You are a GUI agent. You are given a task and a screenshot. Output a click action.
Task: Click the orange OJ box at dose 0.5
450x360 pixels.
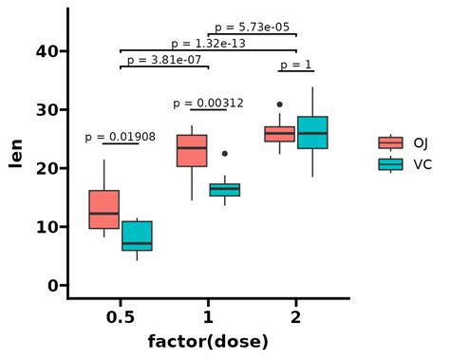pyautogui.click(x=103, y=209)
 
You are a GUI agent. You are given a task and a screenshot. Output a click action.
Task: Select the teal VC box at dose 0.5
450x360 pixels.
pyautogui.click(x=137, y=236)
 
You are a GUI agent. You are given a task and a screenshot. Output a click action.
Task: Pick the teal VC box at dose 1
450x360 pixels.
pyautogui.click(x=225, y=190)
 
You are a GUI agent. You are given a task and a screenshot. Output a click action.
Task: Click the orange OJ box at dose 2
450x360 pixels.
pyautogui.click(x=279, y=133)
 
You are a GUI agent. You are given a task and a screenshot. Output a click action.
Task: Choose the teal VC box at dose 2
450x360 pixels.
pyautogui.click(x=312, y=132)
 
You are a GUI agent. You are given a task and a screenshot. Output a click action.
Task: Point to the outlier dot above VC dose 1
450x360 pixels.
pyautogui.click(x=225, y=153)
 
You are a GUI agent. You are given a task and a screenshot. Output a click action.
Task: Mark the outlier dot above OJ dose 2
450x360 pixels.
pyautogui.click(x=279, y=104)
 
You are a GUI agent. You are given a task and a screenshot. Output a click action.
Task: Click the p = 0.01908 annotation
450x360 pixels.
pyautogui.click(x=120, y=137)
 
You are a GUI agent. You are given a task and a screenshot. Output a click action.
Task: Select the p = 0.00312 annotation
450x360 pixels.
pyautogui.click(x=208, y=103)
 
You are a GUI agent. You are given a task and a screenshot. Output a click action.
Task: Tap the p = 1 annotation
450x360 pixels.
pyautogui.click(x=295, y=65)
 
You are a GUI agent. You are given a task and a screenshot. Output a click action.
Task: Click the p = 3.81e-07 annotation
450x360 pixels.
pyautogui.click(x=164, y=60)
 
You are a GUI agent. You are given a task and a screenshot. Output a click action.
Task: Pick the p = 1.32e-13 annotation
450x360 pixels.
pyautogui.click(x=208, y=44)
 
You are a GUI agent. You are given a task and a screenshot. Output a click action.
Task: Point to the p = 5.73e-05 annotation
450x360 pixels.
pyautogui.click(x=252, y=28)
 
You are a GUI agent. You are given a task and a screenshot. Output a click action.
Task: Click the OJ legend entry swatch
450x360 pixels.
pyautogui.click(x=390, y=143)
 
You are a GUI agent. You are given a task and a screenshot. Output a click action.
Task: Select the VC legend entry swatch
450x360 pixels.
pyautogui.click(x=390, y=164)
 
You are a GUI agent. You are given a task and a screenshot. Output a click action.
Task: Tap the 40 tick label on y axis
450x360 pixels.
pyautogui.click(x=46, y=51)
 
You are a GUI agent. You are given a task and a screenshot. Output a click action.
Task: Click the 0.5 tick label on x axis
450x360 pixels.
pyautogui.click(x=120, y=316)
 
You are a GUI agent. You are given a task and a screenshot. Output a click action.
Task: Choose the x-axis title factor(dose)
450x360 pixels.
pyautogui.click(x=208, y=341)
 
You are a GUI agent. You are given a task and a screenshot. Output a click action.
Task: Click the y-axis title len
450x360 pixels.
pyautogui.click(x=16, y=152)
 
